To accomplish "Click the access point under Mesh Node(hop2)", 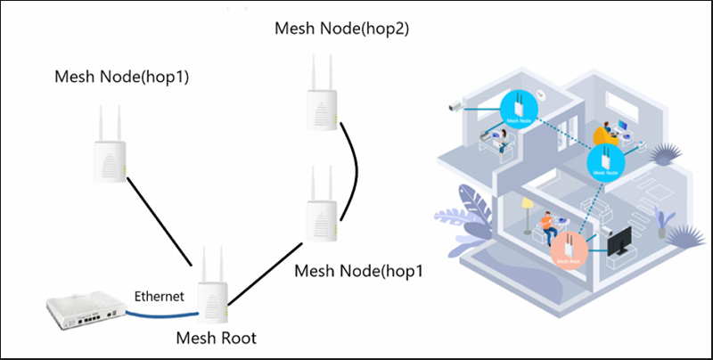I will click(320, 93).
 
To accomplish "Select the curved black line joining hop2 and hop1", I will click(355, 169).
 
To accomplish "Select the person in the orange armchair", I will click(608, 132).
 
